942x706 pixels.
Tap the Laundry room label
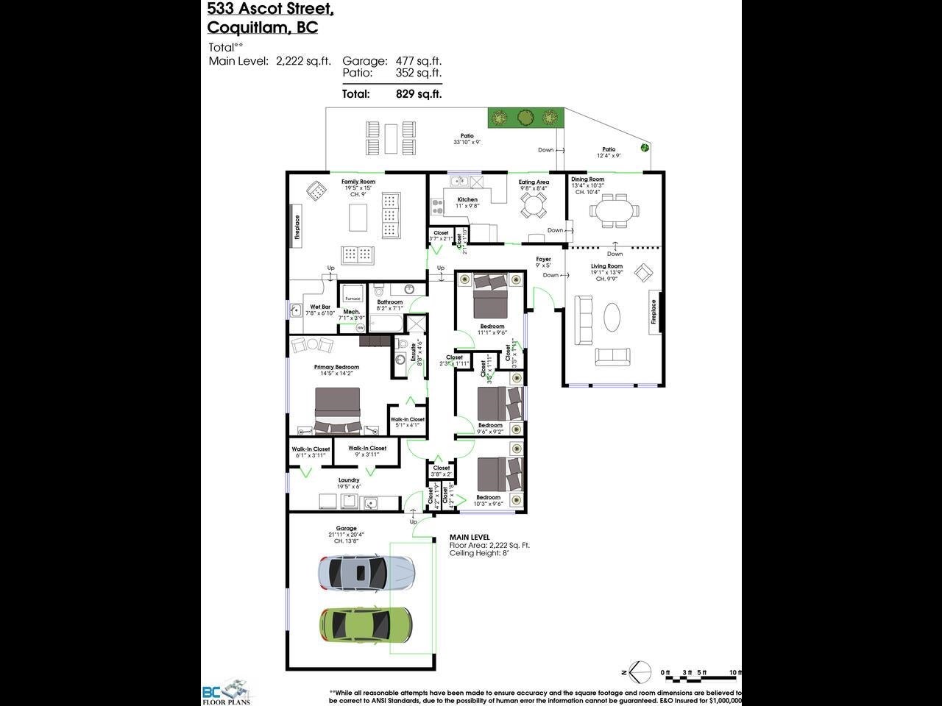(x=349, y=480)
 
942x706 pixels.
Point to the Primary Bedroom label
(x=336, y=367)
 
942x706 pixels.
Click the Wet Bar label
(x=320, y=307)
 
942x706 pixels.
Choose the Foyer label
(x=543, y=259)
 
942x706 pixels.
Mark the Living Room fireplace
(x=653, y=312)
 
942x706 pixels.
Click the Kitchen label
(x=467, y=199)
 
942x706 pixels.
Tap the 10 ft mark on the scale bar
(x=735, y=672)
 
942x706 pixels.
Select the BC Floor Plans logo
(x=227, y=691)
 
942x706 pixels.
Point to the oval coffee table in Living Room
(x=612, y=318)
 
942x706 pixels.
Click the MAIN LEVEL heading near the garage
(x=470, y=538)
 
